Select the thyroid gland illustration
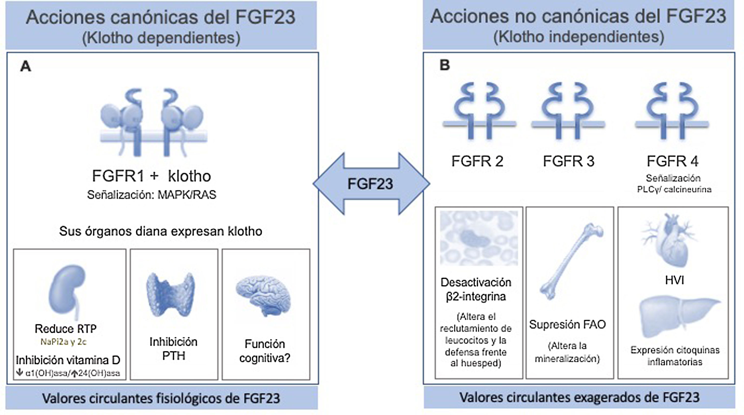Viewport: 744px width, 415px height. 171,294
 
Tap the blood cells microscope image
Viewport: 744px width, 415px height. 479,238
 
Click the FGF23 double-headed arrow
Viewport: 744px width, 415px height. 371,184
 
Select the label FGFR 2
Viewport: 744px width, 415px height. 477,161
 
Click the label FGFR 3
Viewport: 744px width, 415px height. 569,161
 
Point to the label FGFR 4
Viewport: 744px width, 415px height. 672,161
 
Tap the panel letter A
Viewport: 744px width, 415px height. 26,67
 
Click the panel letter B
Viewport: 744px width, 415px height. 445,65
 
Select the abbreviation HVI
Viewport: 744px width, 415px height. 674,280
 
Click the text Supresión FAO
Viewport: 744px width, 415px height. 567,325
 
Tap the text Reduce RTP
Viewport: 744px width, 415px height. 66,328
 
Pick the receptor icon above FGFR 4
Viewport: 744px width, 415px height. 672,113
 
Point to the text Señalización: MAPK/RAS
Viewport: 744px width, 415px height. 152,195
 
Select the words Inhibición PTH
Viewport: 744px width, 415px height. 173,349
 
